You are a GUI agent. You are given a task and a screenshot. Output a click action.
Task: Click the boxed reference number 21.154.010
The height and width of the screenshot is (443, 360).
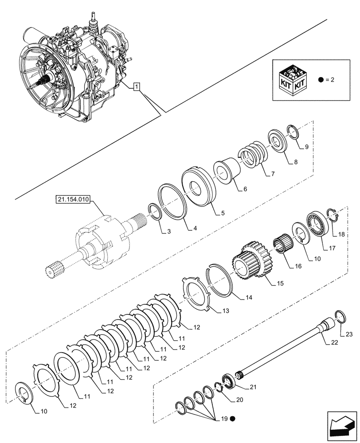(x=73, y=200)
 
